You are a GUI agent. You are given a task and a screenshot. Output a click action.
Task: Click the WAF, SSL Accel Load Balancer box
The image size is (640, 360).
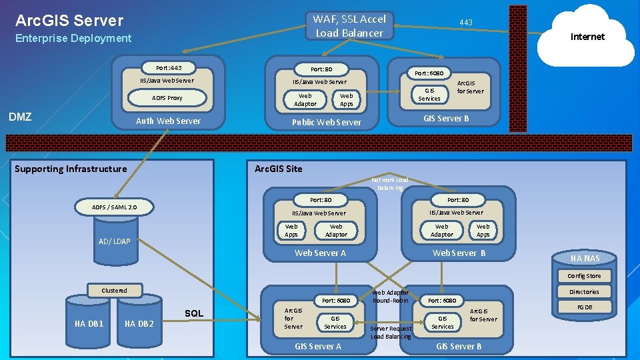pos(349,26)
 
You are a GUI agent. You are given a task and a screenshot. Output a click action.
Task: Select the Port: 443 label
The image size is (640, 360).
pos(169,68)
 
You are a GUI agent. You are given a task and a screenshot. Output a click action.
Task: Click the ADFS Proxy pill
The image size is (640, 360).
pos(167,98)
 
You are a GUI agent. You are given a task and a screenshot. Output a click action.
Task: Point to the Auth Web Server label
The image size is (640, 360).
pos(168,121)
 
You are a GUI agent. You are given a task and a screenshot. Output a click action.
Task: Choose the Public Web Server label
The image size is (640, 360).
pos(326,122)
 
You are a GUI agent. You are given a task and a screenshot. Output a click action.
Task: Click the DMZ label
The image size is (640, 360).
pos(20,117)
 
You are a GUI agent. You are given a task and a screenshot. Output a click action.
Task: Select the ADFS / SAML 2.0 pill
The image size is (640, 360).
pos(114,207)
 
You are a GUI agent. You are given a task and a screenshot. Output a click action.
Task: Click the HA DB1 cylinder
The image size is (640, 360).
pos(89,323)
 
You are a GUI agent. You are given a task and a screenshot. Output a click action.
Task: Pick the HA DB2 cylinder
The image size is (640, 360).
pos(139,323)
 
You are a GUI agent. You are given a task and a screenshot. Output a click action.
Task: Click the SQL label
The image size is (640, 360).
pos(193,313)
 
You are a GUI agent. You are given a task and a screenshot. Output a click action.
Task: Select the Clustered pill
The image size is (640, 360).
pos(114,291)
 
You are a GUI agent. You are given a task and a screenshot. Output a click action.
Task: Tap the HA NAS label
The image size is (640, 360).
pos(585,258)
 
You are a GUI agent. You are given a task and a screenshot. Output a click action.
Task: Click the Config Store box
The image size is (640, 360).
pos(584,276)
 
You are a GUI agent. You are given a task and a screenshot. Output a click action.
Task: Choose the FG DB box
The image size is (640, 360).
pos(584,307)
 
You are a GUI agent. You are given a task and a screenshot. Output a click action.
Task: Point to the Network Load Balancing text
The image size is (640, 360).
pos(392,184)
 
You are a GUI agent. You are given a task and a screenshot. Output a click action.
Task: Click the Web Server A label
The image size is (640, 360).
pos(320,253)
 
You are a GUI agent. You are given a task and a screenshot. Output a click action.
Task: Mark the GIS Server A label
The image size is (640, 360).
pos(318,346)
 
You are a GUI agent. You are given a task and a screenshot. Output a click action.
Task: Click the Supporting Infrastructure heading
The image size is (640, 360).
pos(71,169)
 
